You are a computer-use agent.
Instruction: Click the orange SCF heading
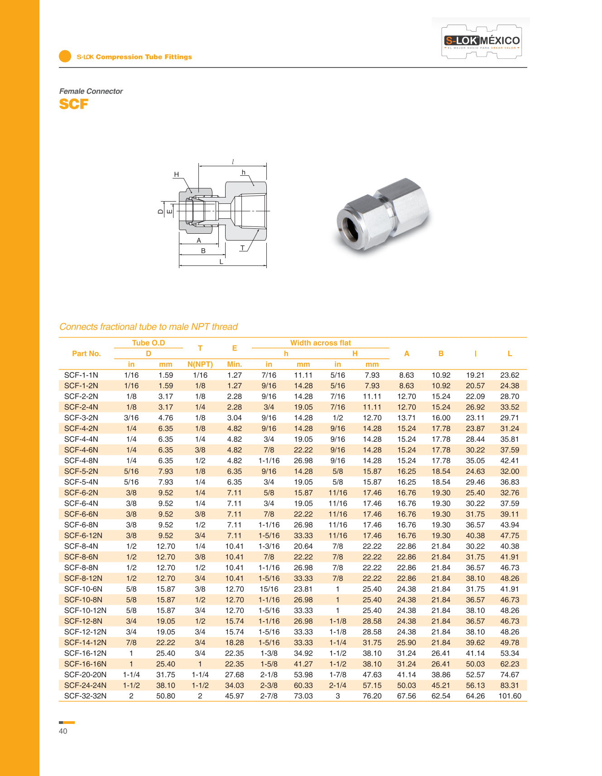pos(73,104)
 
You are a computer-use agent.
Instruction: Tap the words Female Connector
pos(91,91)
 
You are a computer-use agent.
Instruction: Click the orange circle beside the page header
pos(65,56)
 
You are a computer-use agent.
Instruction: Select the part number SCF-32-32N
pos(85,696)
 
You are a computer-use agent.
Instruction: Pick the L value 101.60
pos(510,696)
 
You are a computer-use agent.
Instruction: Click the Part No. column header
pos(86,353)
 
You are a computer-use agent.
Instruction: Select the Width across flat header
pos(320,343)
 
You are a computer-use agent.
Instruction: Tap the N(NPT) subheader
pos(200,364)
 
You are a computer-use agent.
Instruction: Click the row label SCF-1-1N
pos(81,375)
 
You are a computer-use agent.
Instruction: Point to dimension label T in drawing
pos(243,248)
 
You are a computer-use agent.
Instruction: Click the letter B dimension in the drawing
pos(203,251)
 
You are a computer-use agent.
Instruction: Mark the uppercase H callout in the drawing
pos(176,174)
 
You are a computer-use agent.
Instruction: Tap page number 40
pos(63,731)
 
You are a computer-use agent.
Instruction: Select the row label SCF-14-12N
pos(85,642)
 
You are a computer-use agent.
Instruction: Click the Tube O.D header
pos(149,343)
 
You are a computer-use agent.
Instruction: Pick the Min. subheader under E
pos(234,364)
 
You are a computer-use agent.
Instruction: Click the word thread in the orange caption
pos(225,327)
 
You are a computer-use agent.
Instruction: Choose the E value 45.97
pos(234,696)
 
